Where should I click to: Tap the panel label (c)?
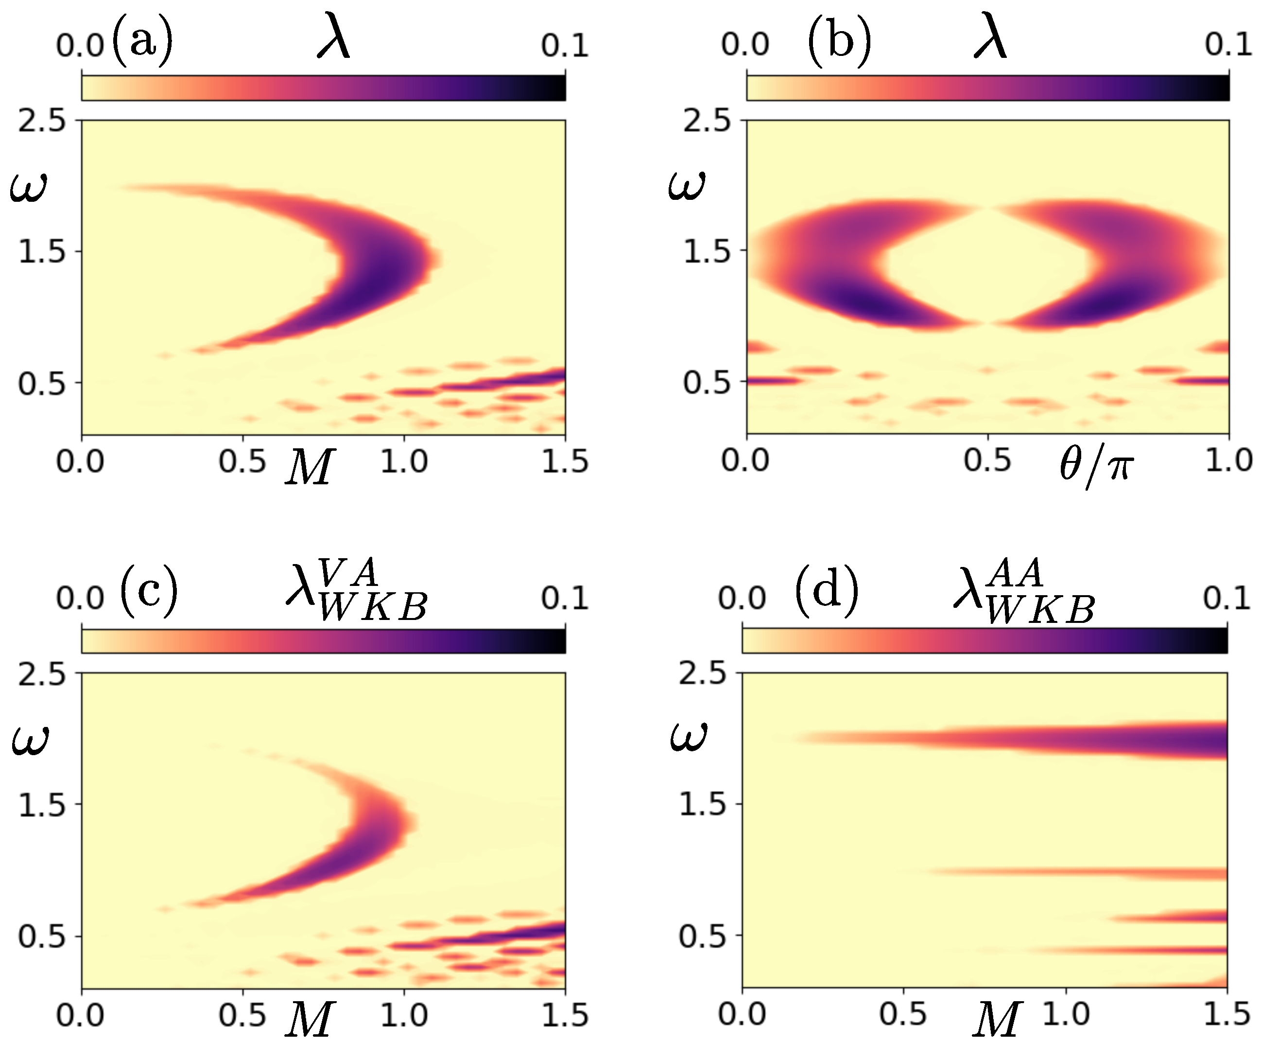(x=149, y=592)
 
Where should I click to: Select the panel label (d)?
(x=827, y=592)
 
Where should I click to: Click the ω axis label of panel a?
(x=28, y=188)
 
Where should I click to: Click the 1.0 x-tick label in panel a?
(x=404, y=462)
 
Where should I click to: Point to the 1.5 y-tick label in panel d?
(x=703, y=804)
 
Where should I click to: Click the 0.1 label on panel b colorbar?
(x=1228, y=45)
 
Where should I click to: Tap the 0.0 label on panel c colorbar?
(x=80, y=599)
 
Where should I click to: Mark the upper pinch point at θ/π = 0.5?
(x=987, y=209)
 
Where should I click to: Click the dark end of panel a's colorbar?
(x=556, y=88)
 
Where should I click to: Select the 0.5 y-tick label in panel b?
(x=706, y=383)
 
